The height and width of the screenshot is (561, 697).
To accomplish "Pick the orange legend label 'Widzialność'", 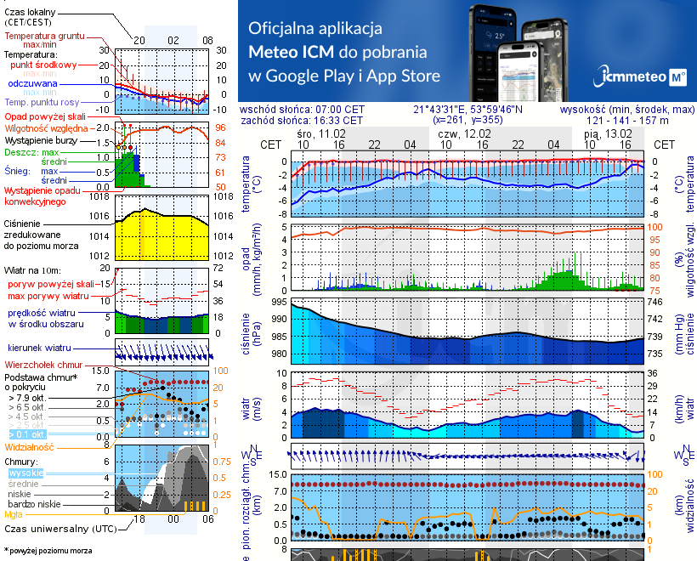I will pos(30,445).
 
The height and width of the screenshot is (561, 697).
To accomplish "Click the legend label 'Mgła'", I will pos(14,513).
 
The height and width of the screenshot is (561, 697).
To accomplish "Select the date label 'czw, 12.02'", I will pos(465,133).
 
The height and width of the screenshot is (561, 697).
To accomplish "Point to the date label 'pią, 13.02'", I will pos(609,133).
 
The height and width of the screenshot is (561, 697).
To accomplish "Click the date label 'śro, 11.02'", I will pos(321,133).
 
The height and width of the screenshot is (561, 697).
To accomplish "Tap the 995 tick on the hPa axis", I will pos(278,302).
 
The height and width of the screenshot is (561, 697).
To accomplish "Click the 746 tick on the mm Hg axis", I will pos(654,302).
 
